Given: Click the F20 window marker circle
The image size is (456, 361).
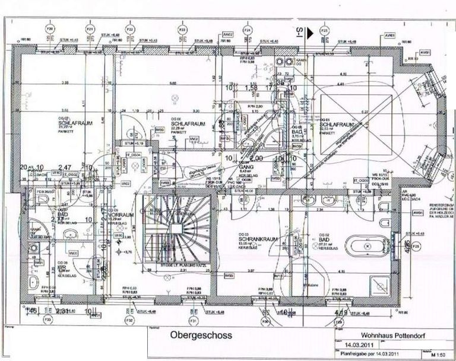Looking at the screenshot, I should click(x=50, y=28).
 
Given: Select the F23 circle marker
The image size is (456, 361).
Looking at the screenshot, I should click(x=182, y=28).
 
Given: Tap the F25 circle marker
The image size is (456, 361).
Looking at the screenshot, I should click(x=324, y=28).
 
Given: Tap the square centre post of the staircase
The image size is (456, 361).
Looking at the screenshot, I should click(x=176, y=228).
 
